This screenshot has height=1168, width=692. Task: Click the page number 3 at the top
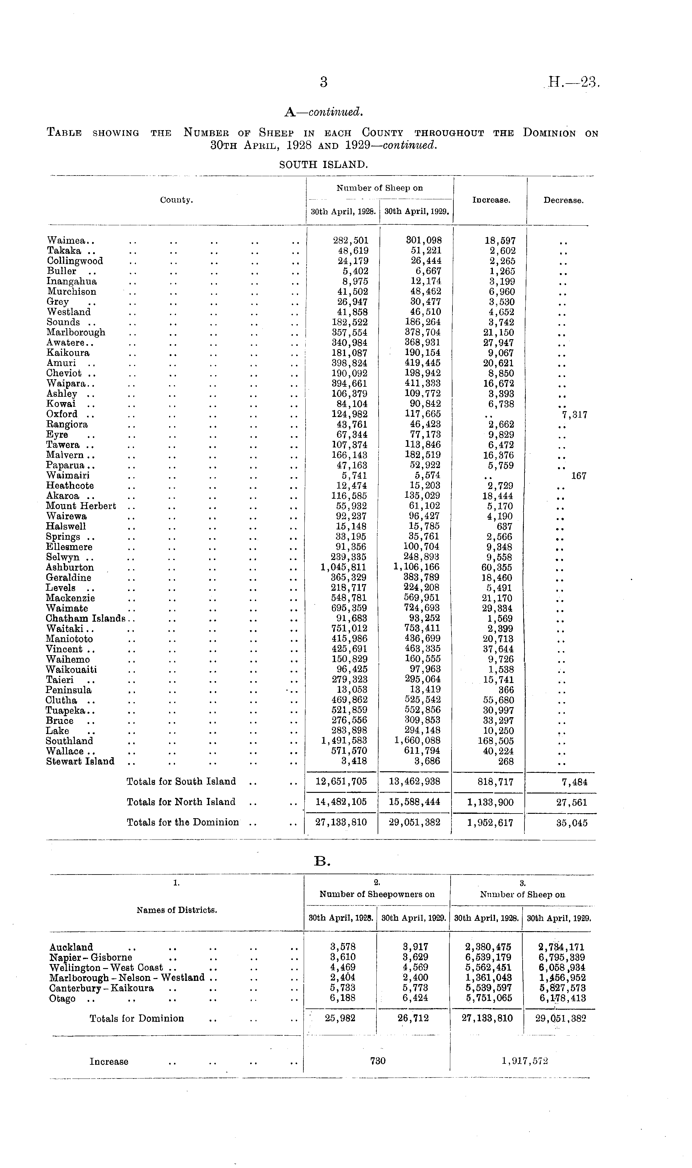[324, 83]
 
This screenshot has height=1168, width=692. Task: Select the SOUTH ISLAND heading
[324, 165]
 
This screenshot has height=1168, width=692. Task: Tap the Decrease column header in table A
[563, 200]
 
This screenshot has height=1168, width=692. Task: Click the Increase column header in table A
[491, 200]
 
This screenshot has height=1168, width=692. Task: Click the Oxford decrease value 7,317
[575, 415]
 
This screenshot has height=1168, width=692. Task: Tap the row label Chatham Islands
[86, 619]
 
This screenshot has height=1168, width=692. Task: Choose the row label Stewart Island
[80, 761]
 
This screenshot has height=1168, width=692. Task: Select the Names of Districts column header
[177, 910]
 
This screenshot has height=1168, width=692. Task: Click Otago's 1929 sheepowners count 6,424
[415, 998]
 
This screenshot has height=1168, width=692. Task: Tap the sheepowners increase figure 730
[377, 1061]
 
